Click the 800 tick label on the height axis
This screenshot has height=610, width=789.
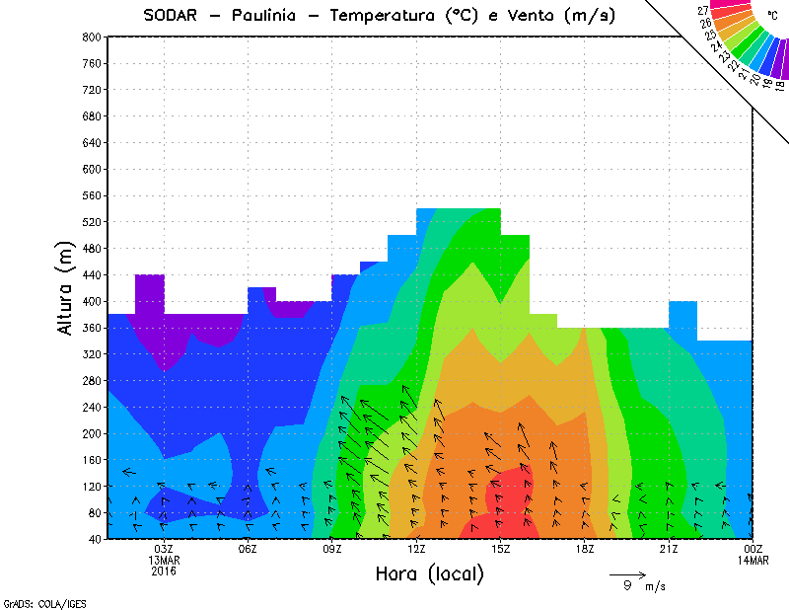[x=91, y=37]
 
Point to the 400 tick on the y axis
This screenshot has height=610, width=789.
[x=91, y=302]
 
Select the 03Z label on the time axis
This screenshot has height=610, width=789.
[x=164, y=549]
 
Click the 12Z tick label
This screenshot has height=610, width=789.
[x=416, y=549]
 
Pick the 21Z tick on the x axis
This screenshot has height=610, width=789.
[x=669, y=549]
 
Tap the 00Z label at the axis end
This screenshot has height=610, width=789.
[x=753, y=549]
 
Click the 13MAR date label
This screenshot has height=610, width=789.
[x=164, y=560]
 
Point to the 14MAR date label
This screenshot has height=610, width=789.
[x=753, y=560]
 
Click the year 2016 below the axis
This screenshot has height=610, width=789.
[x=164, y=571]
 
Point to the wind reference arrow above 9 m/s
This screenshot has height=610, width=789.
[x=627, y=573]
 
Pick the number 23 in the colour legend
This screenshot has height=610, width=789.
[x=712, y=36]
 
